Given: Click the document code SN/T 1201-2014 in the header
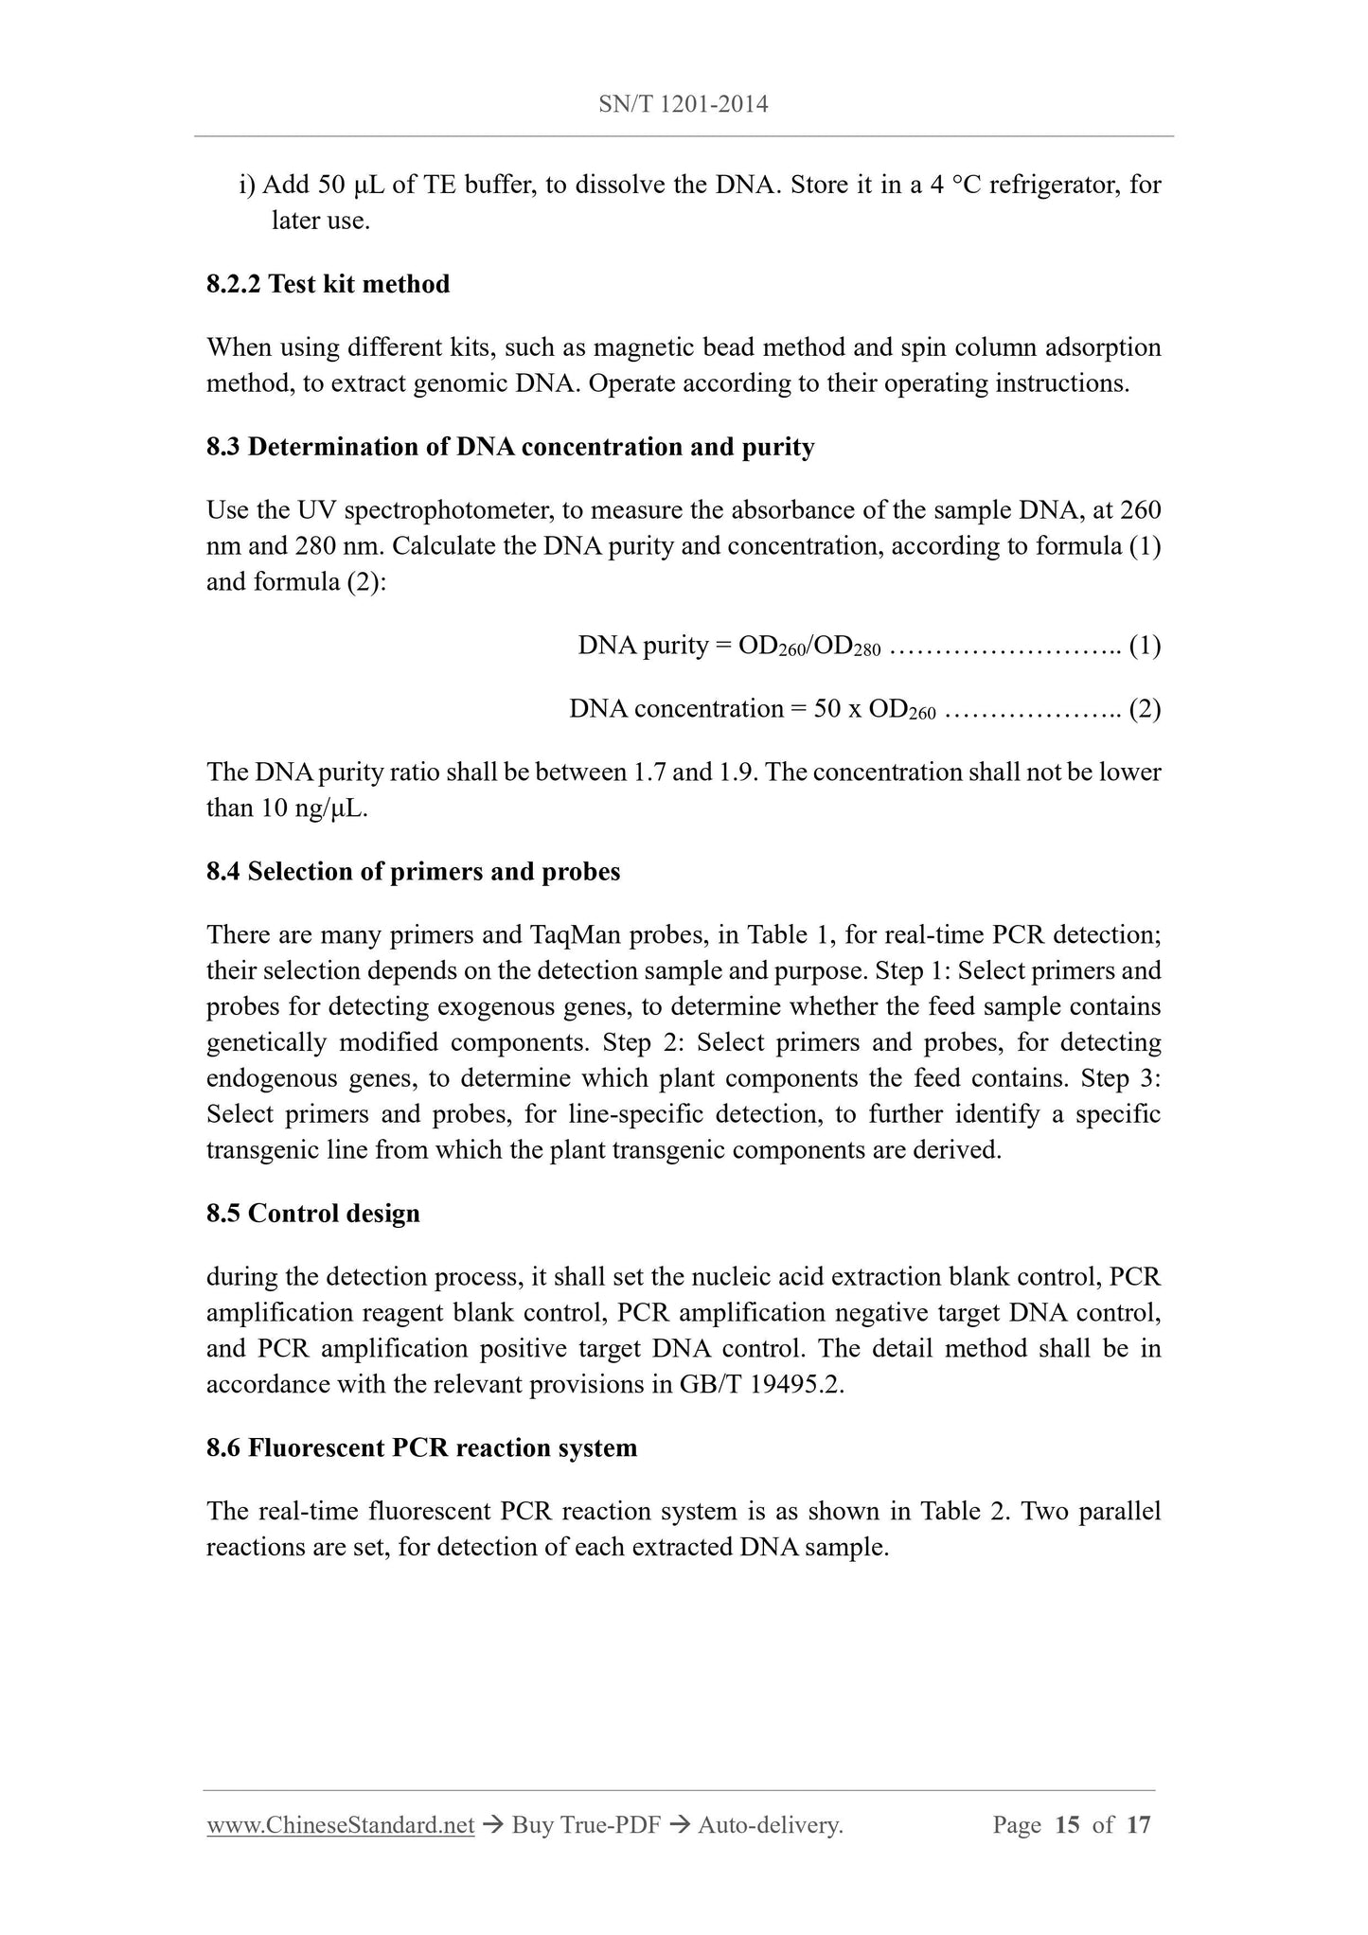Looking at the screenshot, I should [x=684, y=104].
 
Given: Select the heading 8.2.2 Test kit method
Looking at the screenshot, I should [x=328, y=284].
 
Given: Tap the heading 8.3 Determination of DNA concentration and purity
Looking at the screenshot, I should [x=510, y=447].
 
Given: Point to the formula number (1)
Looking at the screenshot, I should [x=1145, y=646].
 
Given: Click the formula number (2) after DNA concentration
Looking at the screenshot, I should [x=1145, y=709].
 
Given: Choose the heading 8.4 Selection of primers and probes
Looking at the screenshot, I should [x=413, y=872].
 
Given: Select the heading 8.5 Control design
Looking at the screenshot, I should [x=312, y=1214].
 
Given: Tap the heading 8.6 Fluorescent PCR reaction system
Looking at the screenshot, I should [x=421, y=1448].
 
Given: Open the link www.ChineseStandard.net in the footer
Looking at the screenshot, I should [x=340, y=1825].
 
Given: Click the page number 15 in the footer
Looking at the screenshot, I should [x=1067, y=1825].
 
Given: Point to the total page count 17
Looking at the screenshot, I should [x=1138, y=1825].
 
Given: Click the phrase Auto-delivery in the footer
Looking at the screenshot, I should [x=770, y=1825].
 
